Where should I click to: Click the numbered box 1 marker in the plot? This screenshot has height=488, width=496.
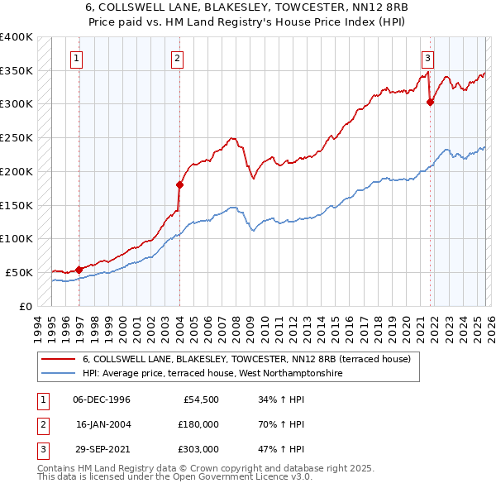(x=76, y=58)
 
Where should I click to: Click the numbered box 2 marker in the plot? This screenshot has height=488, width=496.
(x=178, y=58)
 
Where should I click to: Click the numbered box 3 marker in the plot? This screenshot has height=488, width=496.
(x=427, y=58)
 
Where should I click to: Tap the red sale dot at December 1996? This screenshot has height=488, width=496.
(x=79, y=269)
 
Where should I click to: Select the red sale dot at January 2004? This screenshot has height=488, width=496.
(x=179, y=184)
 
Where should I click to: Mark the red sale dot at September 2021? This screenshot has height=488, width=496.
(x=430, y=102)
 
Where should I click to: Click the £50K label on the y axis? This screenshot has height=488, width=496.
(x=19, y=272)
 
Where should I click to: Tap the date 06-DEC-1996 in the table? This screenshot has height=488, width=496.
(x=102, y=399)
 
